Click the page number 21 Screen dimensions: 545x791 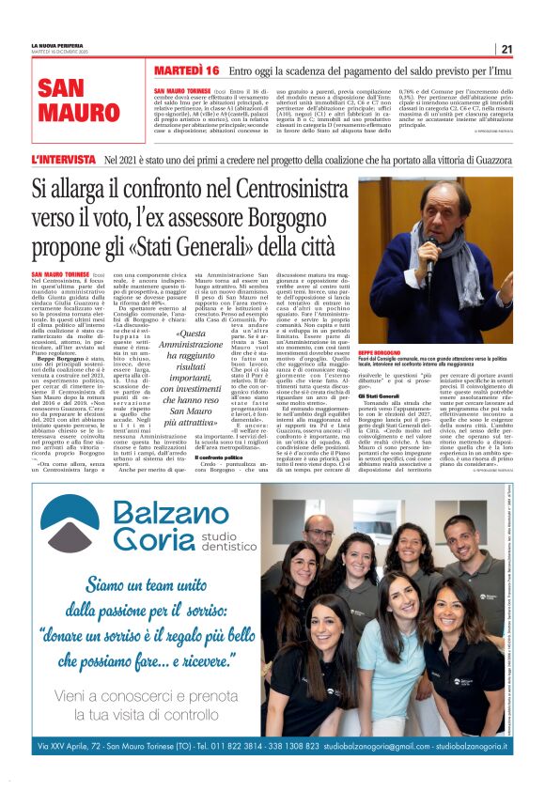(x=506, y=49)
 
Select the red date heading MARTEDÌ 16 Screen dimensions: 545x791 (x=187, y=70)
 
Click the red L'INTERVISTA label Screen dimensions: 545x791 (x=63, y=160)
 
